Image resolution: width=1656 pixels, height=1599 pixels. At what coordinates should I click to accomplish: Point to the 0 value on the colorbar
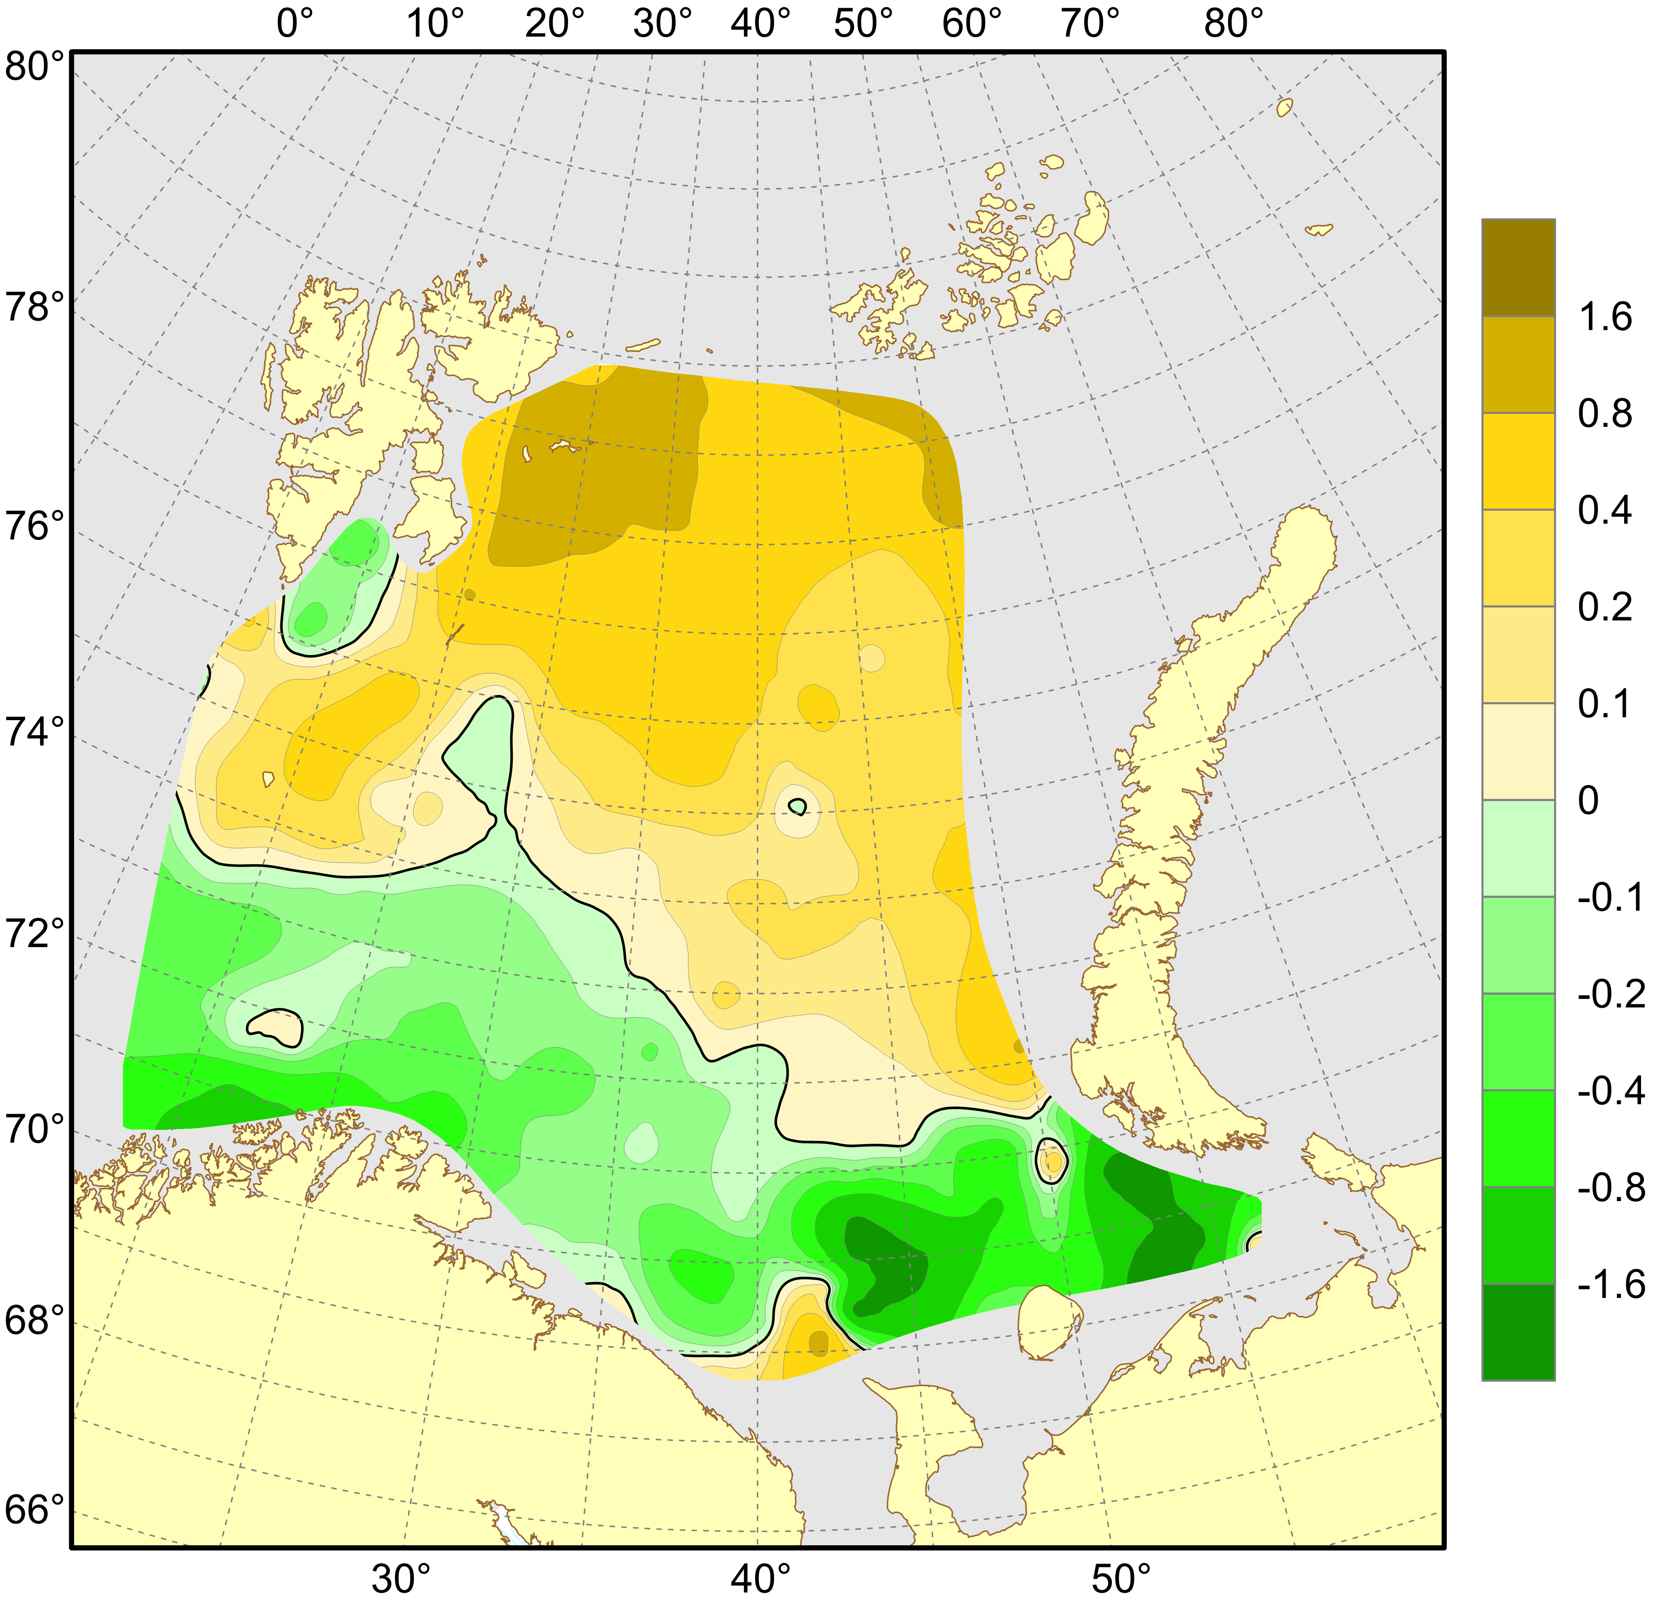pos(1588,801)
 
